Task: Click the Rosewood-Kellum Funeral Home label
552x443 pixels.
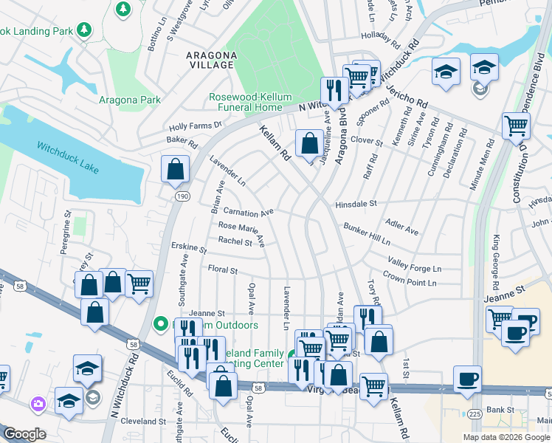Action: (250, 102)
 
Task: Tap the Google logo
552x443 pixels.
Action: (24, 434)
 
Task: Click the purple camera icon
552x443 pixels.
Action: (38, 404)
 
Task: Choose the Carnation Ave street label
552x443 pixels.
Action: (249, 211)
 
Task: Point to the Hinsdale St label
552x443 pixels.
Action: (356, 203)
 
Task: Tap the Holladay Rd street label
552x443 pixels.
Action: (384, 35)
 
